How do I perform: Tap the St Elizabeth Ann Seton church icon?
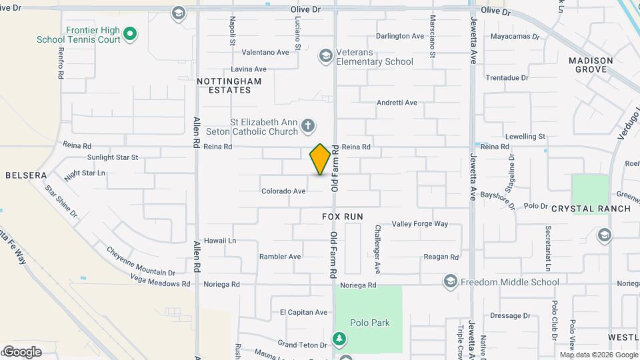[307, 125]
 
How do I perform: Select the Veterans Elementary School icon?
[325, 55]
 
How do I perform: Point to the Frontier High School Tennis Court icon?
[131, 33]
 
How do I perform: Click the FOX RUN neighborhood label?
[343, 217]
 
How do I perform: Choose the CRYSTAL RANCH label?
[591, 209]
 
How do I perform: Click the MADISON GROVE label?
[591, 65]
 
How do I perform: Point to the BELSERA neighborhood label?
[26, 175]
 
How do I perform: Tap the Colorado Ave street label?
[283, 191]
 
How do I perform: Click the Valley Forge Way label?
[420, 224]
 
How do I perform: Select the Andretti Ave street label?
[397, 103]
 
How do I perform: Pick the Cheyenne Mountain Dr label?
[141, 261]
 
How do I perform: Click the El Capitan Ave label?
[303, 312]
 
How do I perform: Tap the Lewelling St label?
[525, 137]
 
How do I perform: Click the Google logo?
[22, 352]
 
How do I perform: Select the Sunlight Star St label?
[112, 158]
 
